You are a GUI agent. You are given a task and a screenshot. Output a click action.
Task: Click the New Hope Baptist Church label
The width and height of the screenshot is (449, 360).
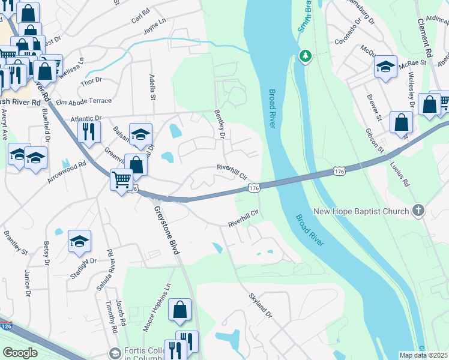(x=360, y=212)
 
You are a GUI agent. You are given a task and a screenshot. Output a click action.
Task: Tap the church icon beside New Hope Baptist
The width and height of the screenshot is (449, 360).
(x=419, y=211)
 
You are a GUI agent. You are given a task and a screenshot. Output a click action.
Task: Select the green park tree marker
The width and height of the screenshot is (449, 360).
(x=306, y=56)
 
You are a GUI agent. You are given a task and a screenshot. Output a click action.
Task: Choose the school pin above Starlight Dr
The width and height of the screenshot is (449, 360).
(x=79, y=241)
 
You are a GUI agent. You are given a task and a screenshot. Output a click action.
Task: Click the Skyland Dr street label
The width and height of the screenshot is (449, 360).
(x=261, y=305)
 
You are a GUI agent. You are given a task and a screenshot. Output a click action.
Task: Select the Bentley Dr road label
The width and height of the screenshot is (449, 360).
(x=218, y=124)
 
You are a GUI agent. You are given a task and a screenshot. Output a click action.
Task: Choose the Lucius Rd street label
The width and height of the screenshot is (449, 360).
(x=403, y=174)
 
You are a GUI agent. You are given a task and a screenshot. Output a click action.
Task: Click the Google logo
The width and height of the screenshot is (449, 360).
(x=20, y=353)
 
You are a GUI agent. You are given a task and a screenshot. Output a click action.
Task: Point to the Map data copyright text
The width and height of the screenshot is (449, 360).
(x=424, y=355)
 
